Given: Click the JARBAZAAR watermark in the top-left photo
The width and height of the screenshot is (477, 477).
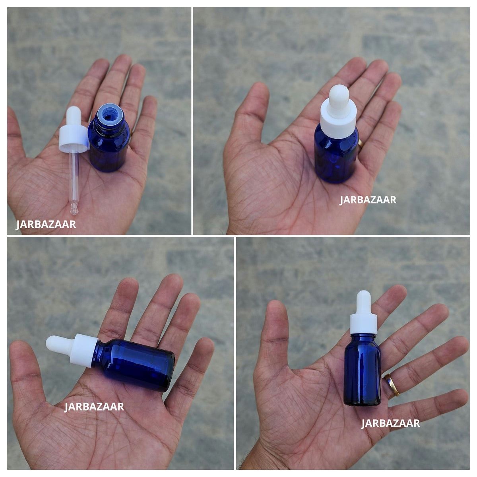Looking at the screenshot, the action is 46,224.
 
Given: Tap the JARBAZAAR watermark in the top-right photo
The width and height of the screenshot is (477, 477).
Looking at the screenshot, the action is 368,200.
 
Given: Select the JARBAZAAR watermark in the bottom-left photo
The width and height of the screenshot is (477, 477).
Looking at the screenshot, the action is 94,407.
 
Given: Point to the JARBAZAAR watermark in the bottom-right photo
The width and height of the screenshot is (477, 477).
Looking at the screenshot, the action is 390,423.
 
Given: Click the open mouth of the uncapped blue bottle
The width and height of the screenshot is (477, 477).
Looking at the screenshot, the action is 109,114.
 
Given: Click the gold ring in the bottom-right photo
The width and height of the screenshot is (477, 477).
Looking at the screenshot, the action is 392,385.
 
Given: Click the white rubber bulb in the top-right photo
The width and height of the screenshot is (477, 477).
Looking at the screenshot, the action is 339,98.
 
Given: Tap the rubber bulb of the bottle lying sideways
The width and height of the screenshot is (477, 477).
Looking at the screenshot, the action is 59,344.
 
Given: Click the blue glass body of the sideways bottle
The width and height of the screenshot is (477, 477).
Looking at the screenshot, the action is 134,365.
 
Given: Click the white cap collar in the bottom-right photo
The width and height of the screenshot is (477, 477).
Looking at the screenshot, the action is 363,323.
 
